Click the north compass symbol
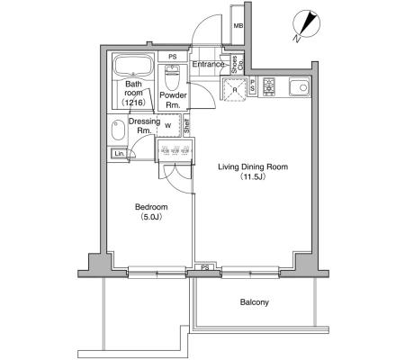[x=307, y=25]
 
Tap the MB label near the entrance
[x=238, y=26]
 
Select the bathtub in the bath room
[x=134, y=66]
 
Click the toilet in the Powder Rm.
[x=172, y=77]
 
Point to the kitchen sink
[x=300, y=87]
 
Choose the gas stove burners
[x=269, y=86]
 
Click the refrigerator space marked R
[x=235, y=89]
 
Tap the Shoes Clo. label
[x=238, y=65]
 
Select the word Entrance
[x=208, y=64]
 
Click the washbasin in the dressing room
[x=118, y=130]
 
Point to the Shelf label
[x=187, y=127]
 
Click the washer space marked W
[x=168, y=125]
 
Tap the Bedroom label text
[x=151, y=207]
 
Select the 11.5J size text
[x=253, y=176]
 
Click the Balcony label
[x=255, y=302]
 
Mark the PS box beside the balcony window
[x=205, y=267]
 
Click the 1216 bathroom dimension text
[x=134, y=103]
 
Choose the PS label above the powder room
[x=173, y=57]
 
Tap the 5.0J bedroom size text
[x=151, y=217]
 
